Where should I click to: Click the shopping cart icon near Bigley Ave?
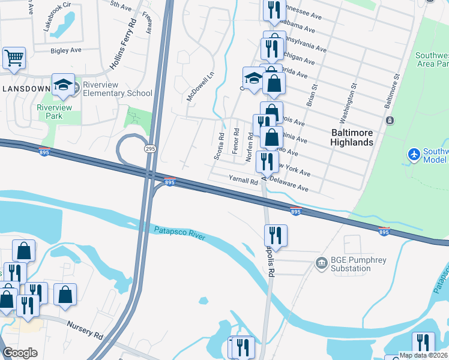coord(14,58)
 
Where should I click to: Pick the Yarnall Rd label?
coord(243,179)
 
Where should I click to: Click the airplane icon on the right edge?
coord(414,154)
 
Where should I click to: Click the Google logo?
coord(20,353)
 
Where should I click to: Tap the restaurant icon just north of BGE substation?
coord(276,234)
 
